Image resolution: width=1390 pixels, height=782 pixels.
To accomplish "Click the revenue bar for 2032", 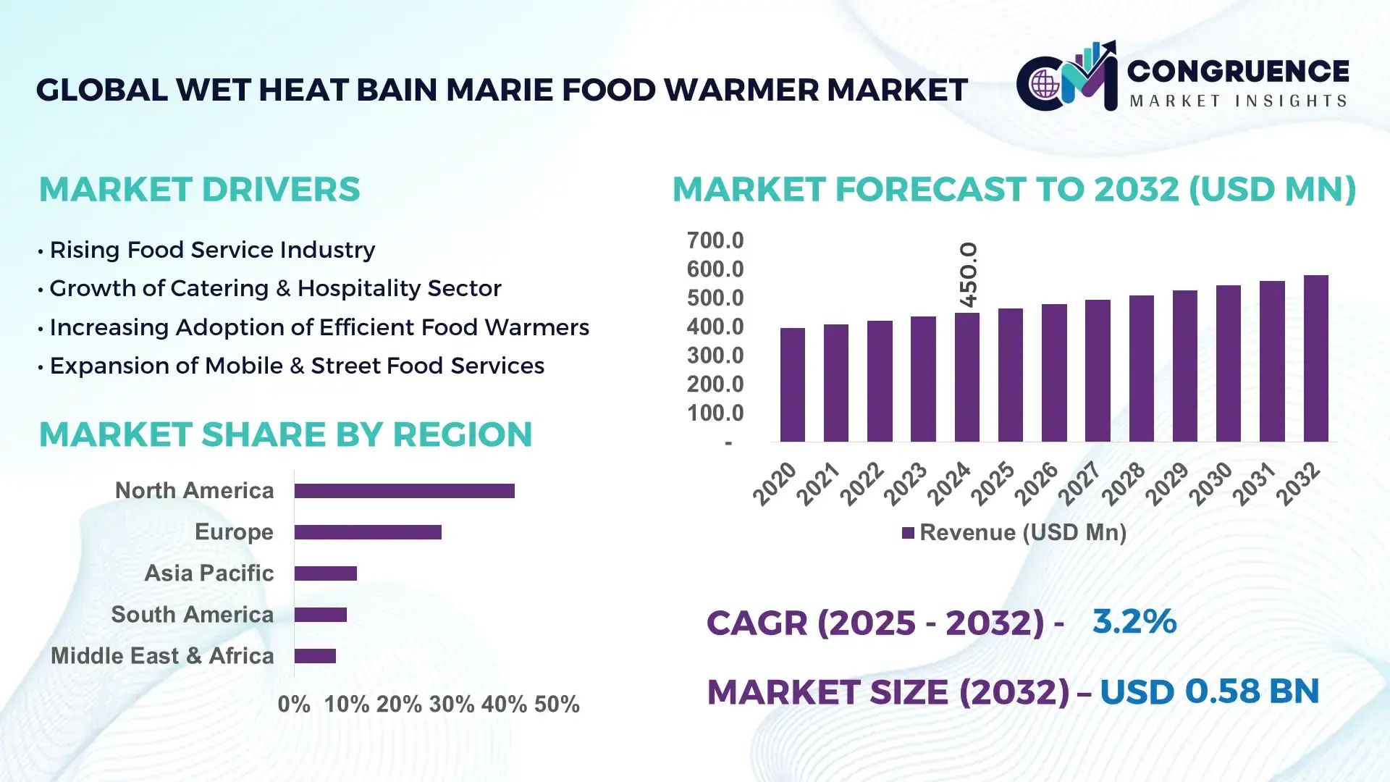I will pyautogui.click(x=1315, y=358).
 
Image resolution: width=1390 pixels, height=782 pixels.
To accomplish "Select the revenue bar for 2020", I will pyautogui.click(x=792, y=384).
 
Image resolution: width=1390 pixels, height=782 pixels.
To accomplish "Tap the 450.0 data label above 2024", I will pyautogui.click(x=968, y=274).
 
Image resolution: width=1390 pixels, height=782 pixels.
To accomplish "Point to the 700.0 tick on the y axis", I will pyautogui.click(x=715, y=240).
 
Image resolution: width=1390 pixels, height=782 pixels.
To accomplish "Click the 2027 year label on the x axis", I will pyautogui.click(x=1079, y=483).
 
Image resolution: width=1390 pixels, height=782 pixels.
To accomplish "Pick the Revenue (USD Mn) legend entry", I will pyautogui.click(x=1014, y=533).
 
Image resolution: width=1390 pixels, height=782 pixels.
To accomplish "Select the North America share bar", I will pyautogui.click(x=404, y=491).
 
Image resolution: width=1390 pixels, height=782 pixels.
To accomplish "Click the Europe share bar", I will pyautogui.click(x=368, y=532).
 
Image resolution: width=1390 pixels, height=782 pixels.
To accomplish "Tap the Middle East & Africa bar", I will pyautogui.click(x=315, y=656).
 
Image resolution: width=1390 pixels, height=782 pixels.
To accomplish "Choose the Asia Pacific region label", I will pyautogui.click(x=208, y=573).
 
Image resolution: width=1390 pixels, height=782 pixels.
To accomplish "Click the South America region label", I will pyautogui.click(x=192, y=615).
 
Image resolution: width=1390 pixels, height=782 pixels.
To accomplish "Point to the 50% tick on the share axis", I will pyautogui.click(x=557, y=705).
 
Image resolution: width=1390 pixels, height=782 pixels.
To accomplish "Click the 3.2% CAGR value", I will pyautogui.click(x=1134, y=621).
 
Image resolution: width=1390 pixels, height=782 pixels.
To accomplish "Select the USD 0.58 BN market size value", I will pyautogui.click(x=1209, y=691).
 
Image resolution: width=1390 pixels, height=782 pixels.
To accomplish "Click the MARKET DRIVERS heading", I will pyautogui.click(x=199, y=190).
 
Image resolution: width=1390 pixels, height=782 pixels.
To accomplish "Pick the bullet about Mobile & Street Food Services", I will pyautogui.click(x=296, y=366).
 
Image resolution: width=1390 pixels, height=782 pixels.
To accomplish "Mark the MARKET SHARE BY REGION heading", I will pyautogui.click(x=285, y=434).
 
